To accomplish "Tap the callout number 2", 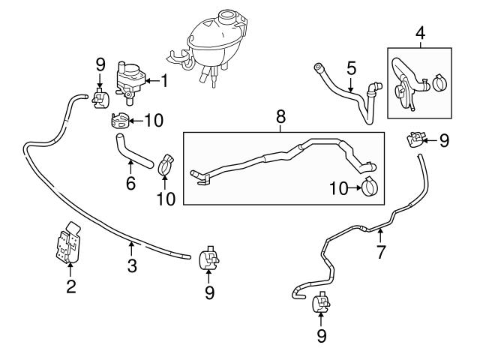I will coord(70,286).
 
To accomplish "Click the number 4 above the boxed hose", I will coord(420,34).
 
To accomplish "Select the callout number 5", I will coord(349,68).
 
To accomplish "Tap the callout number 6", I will coord(130,182).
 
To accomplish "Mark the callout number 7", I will coord(380,252).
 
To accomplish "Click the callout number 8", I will coord(281,117).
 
